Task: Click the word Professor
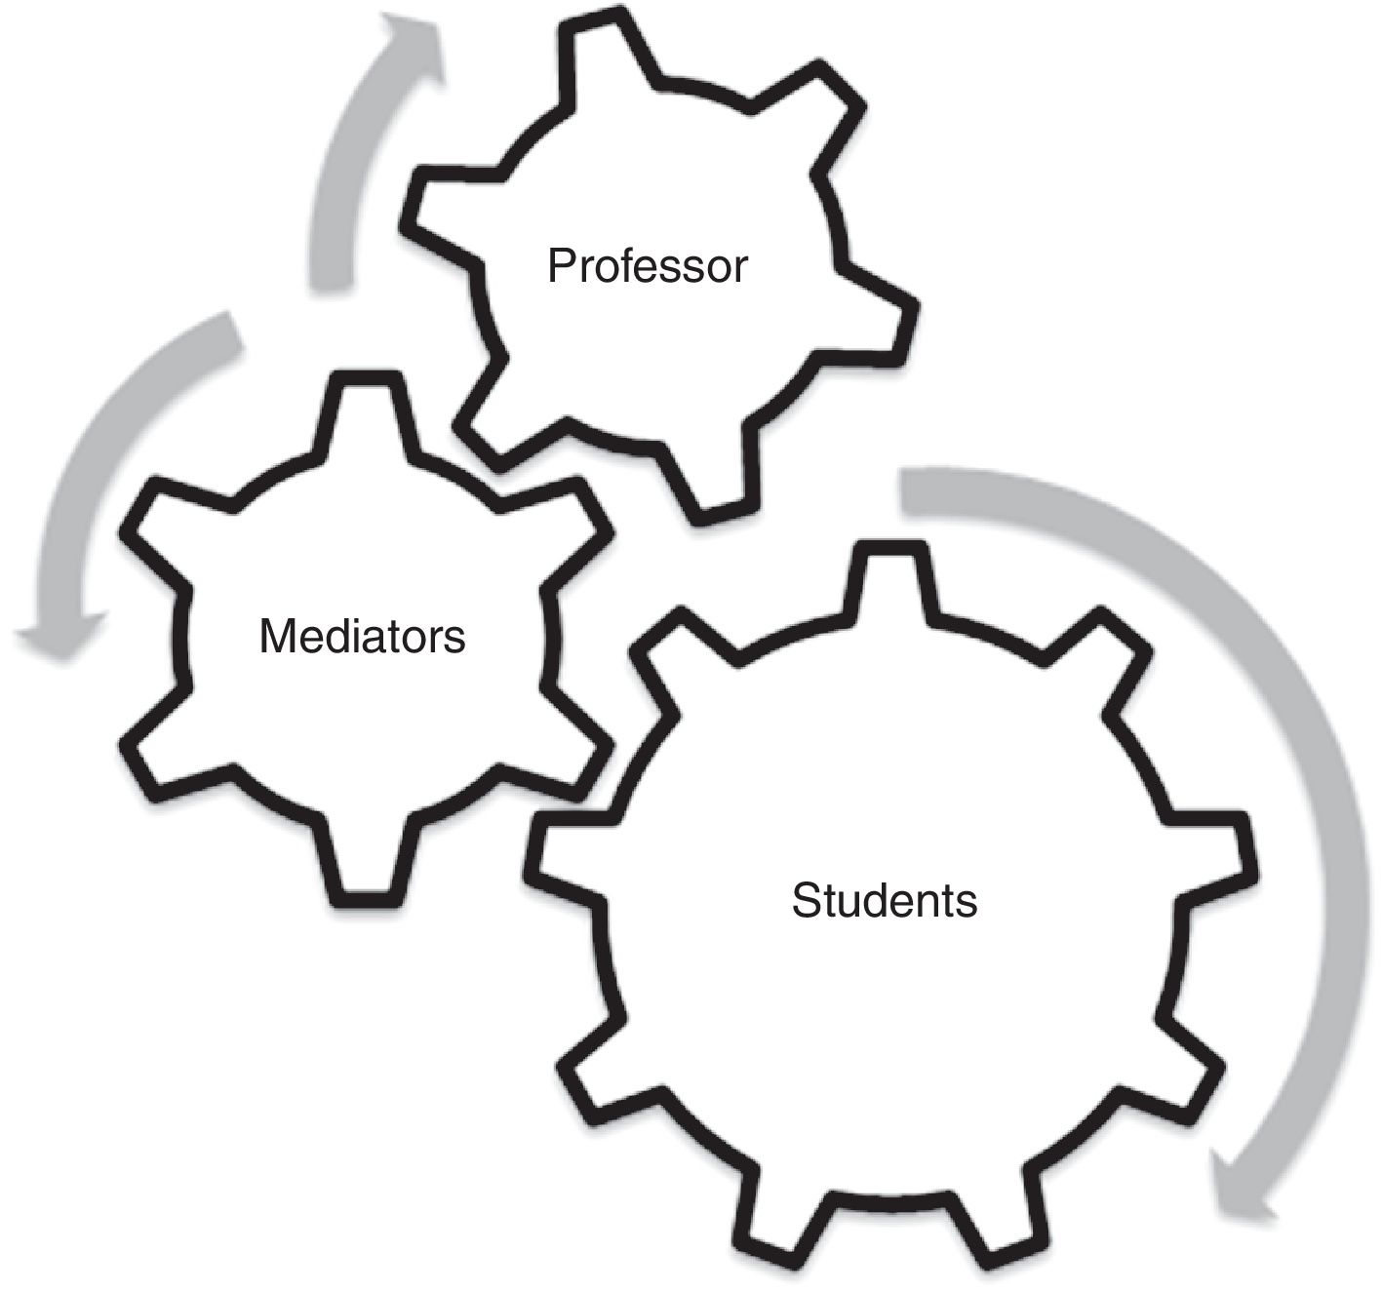pos(647,265)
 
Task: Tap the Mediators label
pos(362,637)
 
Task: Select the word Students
pos(884,900)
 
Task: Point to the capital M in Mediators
pos(277,637)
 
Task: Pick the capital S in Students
pos(805,900)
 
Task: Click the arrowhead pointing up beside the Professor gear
pos(410,44)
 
